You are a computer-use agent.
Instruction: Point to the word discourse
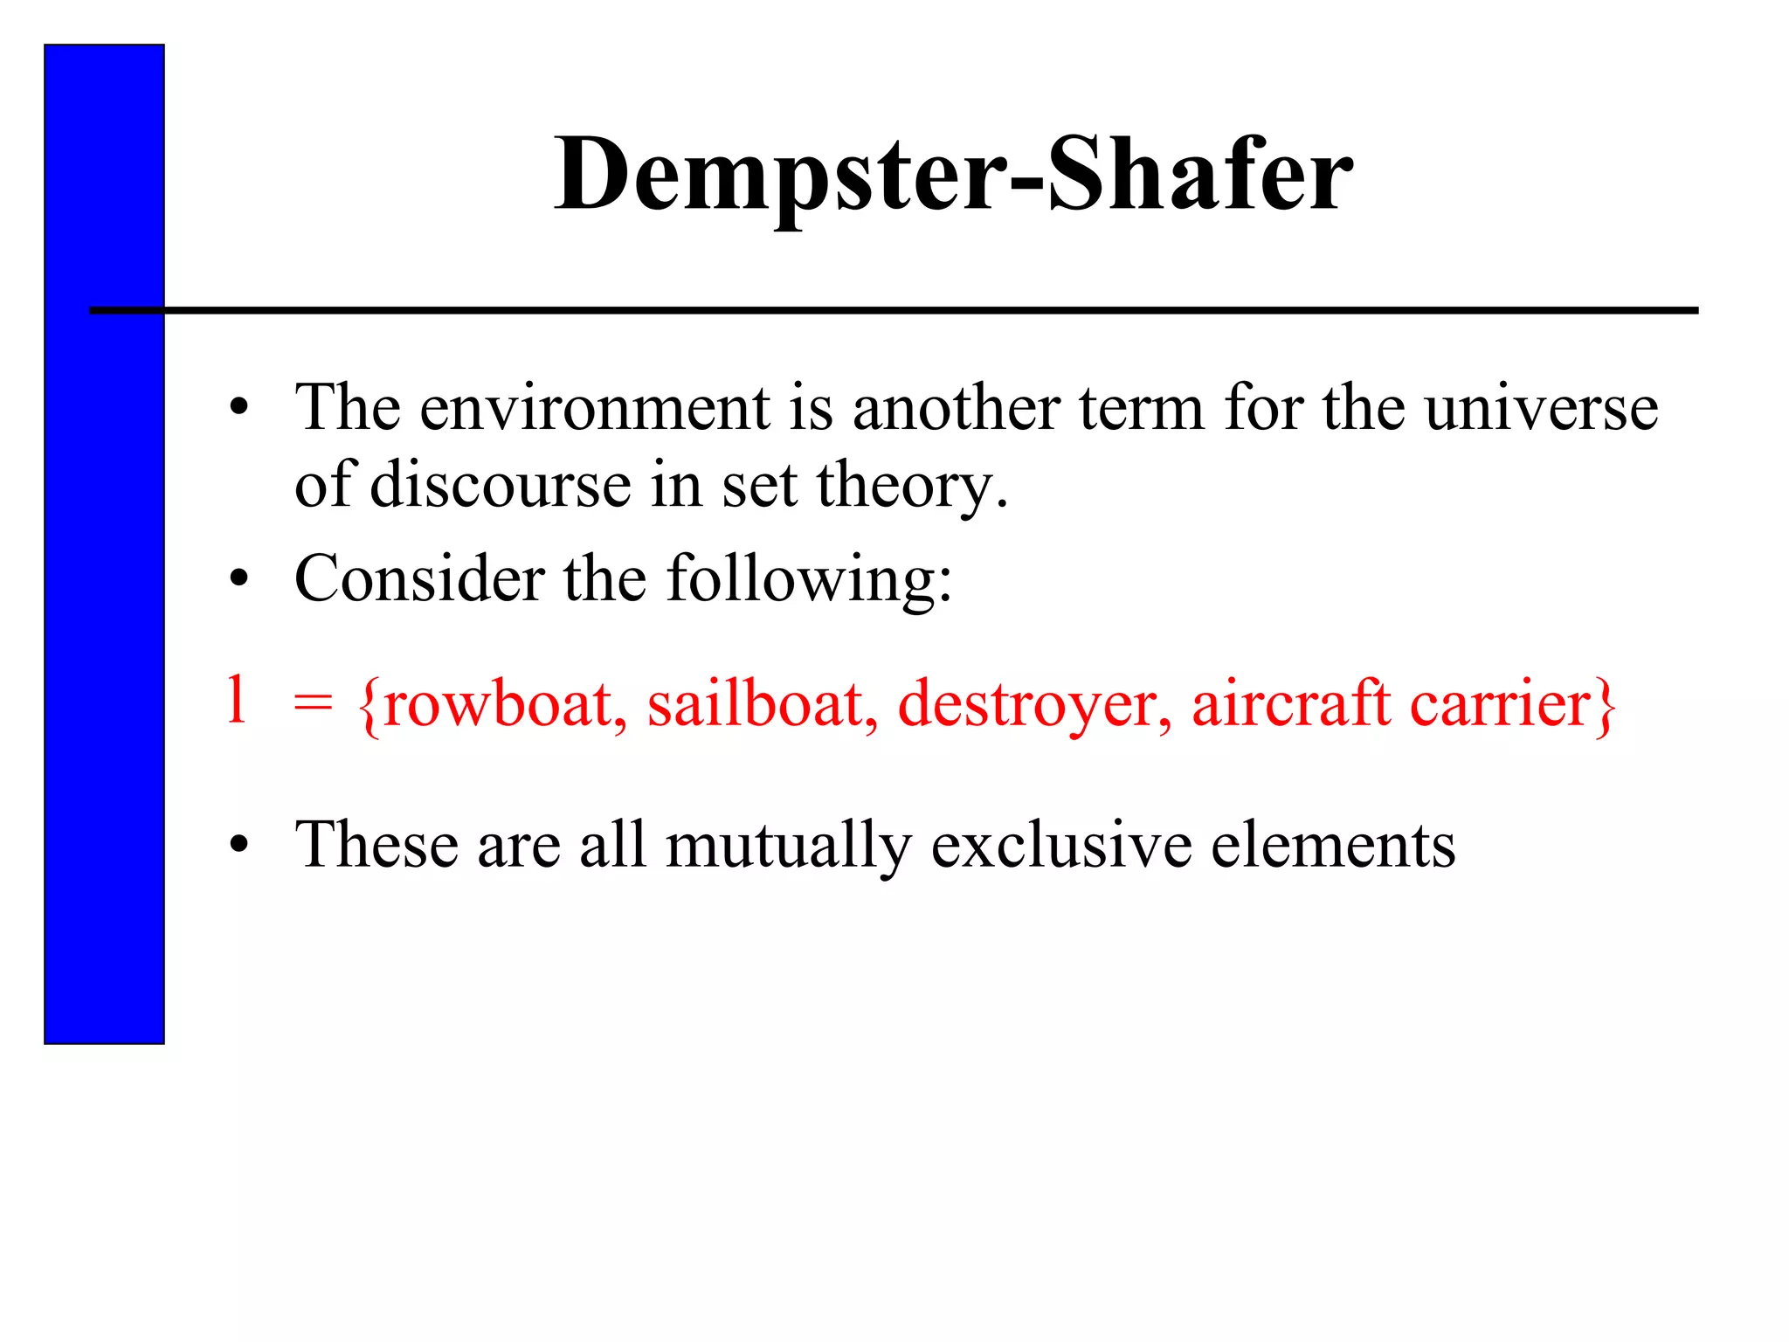pyautogui.click(x=501, y=485)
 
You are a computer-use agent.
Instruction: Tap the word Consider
pyautogui.click(x=419, y=578)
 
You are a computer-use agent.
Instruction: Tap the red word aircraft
pyautogui.click(x=1291, y=704)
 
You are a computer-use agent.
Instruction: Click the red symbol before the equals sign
pyautogui.click(x=236, y=700)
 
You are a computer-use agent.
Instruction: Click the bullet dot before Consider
pyautogui.click(x=239, y=579)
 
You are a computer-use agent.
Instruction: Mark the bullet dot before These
pyautogui.click(x=239, y=845)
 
